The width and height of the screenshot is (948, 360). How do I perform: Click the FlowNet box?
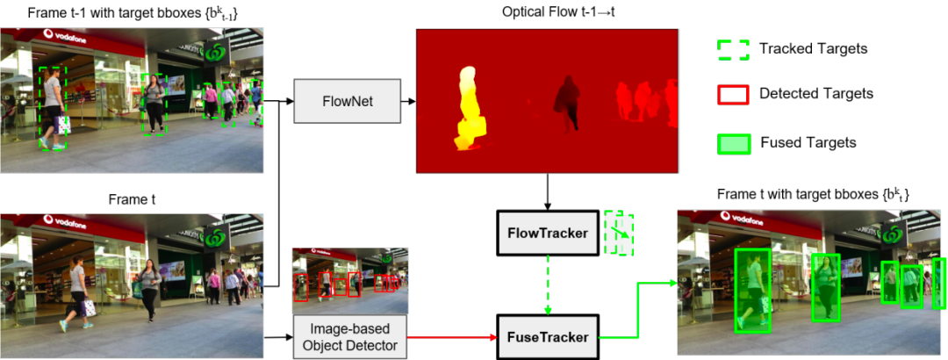click(x=348, y=101)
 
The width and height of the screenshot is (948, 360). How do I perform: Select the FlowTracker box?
click(x=547, y=234)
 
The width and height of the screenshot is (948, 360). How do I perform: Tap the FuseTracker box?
click(x=547, y=335)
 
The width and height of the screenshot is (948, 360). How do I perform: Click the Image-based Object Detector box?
click(x=349, y=337)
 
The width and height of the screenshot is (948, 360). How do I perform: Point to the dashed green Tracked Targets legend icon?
click(x=733, y=48)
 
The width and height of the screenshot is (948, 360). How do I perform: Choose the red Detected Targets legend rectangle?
click(x=733, y=93)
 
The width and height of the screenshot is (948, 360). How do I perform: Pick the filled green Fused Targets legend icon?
click(x=733, y=142)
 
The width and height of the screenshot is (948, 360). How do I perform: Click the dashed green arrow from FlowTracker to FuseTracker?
click(x=547, y=284)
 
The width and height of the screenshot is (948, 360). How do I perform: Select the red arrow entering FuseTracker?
click(x=452, y=336)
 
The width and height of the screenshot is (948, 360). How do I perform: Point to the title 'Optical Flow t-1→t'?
click(x=547, y=12)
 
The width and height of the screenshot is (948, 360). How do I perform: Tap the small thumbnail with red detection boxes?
click(x=349, y=275)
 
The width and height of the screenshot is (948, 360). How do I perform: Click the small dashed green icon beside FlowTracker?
click(x=619, y=233)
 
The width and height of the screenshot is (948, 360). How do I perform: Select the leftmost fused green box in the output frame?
click(x=752, y=291)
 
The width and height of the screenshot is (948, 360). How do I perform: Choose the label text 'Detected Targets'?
click(x=815, y=93)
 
